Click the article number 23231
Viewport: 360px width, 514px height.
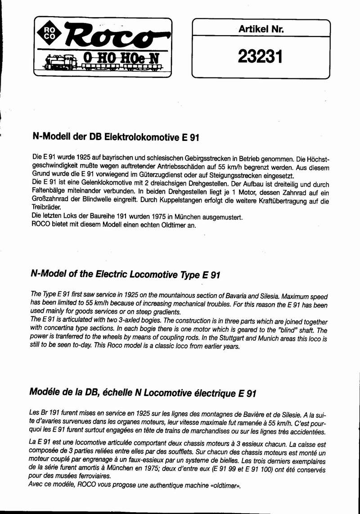[x=260, y=57]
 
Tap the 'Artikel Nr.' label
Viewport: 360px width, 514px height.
[x=261, y=30]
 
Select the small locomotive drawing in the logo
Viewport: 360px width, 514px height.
[x=61, y=62]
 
